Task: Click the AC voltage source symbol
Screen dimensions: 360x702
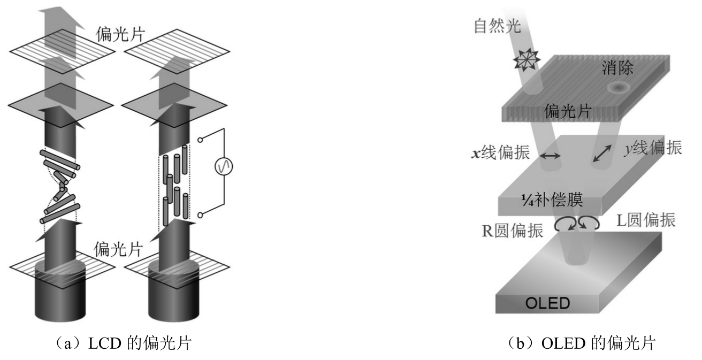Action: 224,168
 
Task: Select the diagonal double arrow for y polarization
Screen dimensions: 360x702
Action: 604,155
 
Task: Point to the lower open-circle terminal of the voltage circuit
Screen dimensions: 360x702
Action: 200,215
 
